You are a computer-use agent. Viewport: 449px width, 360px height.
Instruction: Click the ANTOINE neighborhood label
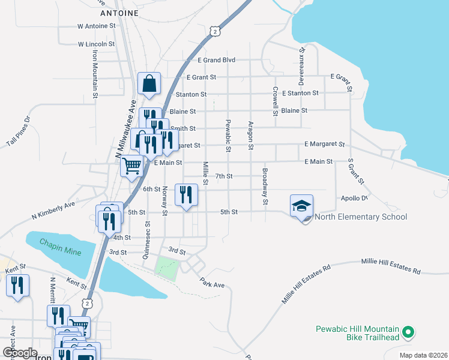pos(119,13)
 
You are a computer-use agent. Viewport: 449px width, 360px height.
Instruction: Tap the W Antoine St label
pos(96,26)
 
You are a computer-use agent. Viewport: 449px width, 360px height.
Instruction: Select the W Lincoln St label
pos(96,44)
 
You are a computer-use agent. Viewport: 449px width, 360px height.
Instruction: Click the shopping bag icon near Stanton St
pos(149,83)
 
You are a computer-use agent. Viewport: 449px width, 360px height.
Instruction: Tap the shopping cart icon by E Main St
pos(131,166)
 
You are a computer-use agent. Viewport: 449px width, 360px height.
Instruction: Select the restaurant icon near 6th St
pos(186,194)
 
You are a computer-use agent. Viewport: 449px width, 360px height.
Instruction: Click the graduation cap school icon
pos(301,206)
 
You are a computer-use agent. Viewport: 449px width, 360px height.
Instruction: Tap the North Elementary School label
pos(361,217)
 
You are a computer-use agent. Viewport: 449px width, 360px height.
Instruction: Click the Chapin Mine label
pos(60,247)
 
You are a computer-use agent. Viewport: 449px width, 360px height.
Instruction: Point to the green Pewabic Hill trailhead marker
pos(408,331)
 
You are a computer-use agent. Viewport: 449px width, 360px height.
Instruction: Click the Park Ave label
pos(212,283)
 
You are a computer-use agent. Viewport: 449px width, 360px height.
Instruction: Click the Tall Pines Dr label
pos(18,133)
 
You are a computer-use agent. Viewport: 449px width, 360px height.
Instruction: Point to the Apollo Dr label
pos(354,198)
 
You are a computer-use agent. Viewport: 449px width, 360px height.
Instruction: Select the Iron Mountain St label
pos(95,74)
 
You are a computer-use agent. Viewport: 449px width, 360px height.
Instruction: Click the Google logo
pos(20,353)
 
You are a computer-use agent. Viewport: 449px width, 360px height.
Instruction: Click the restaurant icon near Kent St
pos(17,285)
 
